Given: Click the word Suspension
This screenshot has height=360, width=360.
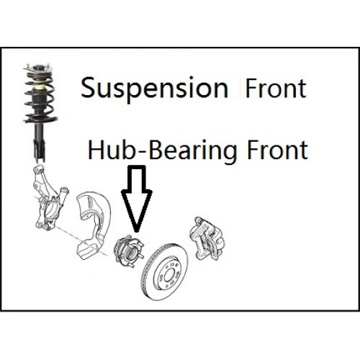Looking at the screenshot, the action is (154, 88).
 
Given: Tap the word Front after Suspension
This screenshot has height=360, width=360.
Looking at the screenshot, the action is (276, 88).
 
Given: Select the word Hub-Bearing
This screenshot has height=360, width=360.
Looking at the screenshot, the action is (162, 150).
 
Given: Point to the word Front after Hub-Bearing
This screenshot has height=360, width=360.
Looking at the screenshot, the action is (277, 149).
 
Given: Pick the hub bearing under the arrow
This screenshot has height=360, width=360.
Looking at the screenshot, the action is (129, 251).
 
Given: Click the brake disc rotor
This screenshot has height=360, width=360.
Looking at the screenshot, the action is (164, 271).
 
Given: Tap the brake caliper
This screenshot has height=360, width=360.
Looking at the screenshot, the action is (207, 239).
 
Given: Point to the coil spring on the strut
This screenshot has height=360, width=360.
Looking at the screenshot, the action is (40, 96).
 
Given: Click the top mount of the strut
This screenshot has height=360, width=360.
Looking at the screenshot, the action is (38, 69).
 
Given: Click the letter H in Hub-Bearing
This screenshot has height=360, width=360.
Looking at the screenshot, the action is (96, 150).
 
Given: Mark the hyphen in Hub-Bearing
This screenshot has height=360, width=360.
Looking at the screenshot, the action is (141, 153).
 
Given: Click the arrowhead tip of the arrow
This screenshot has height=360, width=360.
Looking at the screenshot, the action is (137, 232).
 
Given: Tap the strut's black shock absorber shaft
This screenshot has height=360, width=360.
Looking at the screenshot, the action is (39, 132).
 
